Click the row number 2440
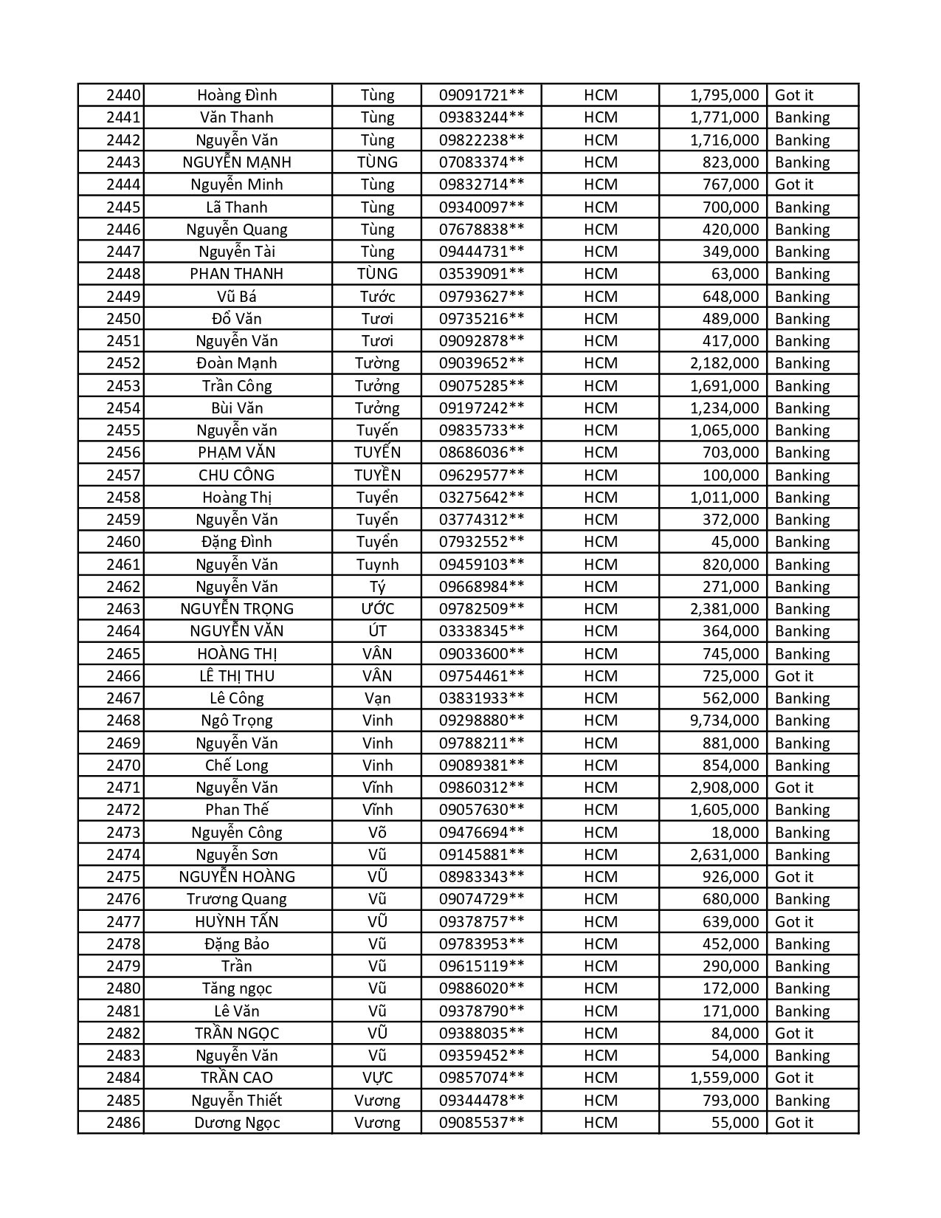click(x=123, y=95)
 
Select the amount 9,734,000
click(x=724, y=720)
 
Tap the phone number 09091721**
click(x=481, y=95)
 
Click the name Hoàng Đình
click(x=237, y=95)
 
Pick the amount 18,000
click(x=735, y=833)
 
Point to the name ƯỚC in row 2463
click(x=377, y=609)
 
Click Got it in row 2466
click(x=794, y=676)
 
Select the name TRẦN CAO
click(x=237, y=1078)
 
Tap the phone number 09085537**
click(x=481, y=1123)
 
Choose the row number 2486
click(x=123, y=1123)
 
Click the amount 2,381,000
click(x=724, y=609)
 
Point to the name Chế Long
click(x=237, y=765)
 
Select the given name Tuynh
click(x=377, y=565)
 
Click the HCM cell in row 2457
click(x=600, y=475)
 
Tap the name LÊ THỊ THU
click(x=237, y=676)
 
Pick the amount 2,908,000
click(x=724, y=788)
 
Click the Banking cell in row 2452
click(x=802, y=363)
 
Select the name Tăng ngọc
click(x=237, y=988)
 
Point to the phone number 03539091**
click(x=481, y=274)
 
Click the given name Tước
click(x=377, y=297)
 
